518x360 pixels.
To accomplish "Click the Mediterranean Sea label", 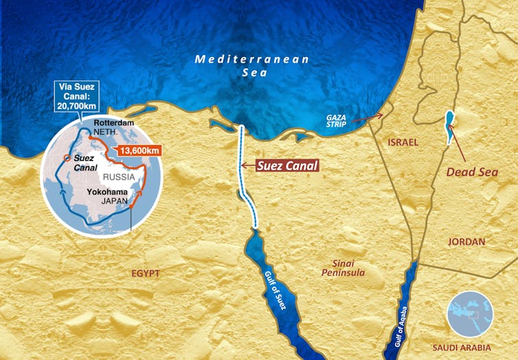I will (252, 66).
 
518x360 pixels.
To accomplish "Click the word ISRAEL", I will (403, 141).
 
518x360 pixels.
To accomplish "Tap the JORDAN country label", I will (466, 242).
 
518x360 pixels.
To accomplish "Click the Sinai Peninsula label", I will (342, 267).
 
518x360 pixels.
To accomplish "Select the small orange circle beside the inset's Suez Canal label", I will (65, 157).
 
